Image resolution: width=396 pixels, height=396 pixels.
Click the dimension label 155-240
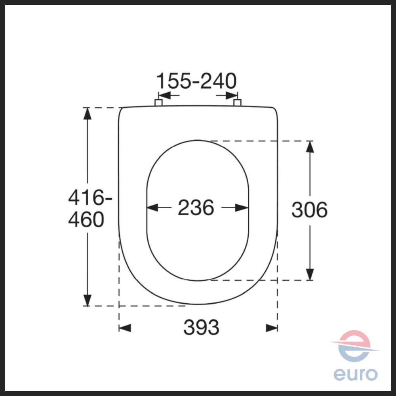[196, 81]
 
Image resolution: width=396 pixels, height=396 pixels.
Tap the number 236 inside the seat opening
[196, 208]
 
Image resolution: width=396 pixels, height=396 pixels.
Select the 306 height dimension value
[309, 209]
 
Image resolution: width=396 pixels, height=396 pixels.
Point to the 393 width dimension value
[201, 327]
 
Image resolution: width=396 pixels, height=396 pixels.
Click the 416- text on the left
[90, 197]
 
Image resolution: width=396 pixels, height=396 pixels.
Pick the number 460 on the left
[86, 219]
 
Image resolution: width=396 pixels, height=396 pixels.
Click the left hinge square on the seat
[158, 103]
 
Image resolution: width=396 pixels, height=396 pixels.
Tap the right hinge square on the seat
[237, 103]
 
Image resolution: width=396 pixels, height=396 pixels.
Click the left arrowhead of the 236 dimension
[152, 208]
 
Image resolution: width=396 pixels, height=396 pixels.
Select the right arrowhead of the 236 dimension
[242, 208]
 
